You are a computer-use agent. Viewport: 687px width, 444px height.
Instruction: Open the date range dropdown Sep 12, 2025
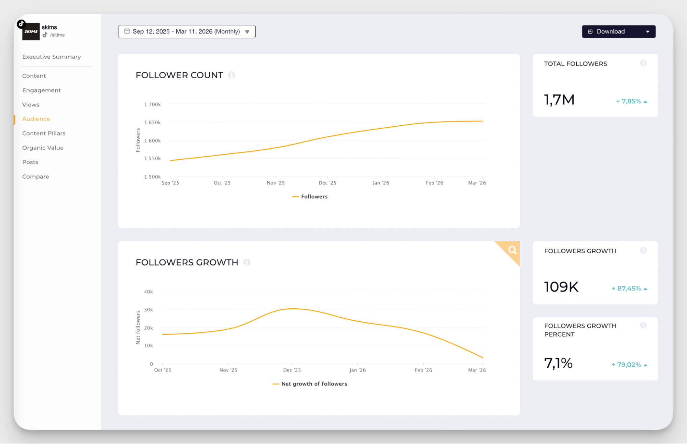click(187, 32)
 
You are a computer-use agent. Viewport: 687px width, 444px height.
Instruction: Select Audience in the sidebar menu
click(36, 119)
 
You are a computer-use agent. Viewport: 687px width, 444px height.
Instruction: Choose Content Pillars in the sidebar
click(44, 133)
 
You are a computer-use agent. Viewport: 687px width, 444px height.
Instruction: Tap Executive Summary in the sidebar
click(52, 57)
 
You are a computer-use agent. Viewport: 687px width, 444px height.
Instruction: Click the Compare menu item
click(36, 177)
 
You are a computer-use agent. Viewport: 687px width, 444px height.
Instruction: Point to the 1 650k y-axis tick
click(152, 122)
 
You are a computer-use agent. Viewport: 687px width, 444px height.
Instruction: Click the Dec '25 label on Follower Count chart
click(327, 183)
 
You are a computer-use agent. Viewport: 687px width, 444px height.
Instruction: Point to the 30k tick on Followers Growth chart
click(148, 309)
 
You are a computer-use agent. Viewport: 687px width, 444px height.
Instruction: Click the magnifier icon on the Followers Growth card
click(512, 250)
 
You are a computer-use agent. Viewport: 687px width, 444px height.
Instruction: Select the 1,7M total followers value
click(559, 100)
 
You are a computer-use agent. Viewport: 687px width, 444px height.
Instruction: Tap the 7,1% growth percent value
click(558, 363)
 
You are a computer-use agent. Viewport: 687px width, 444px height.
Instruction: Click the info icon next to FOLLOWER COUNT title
click(232, 75)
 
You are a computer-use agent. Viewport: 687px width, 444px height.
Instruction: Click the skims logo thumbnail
click(31, 31)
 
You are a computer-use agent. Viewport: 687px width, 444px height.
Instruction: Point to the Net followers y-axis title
click(138, 327)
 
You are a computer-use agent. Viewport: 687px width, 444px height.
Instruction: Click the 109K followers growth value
click(561, 287)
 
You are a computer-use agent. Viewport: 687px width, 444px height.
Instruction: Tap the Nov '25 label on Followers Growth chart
click(228, 370)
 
